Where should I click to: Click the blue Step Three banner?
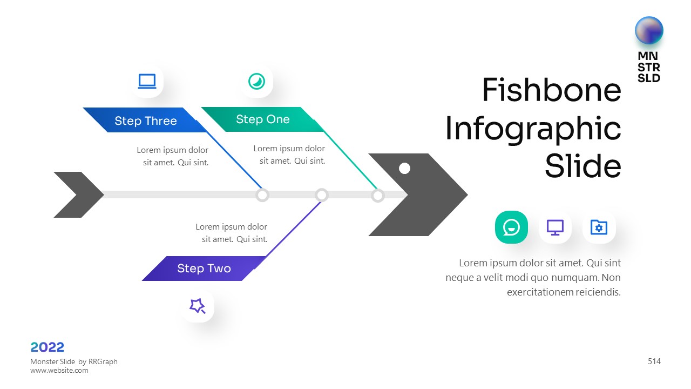click(145, 120)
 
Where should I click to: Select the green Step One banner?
click(262, 119)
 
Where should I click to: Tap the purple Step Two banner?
click(204, 269)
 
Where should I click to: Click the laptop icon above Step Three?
click(147, 82)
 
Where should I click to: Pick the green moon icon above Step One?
click(256, 82)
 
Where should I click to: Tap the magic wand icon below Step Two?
click(198, 306)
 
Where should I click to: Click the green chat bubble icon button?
click(511, 227)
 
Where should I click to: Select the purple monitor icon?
click(555, 227)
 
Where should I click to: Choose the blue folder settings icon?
click(599, 227)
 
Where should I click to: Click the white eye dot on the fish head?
click(404, 169)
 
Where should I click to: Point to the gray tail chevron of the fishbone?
click(76, 194)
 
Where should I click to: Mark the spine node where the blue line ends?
click(262, 195)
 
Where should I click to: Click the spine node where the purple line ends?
click(322, 194)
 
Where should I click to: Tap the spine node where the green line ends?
click(378, 195)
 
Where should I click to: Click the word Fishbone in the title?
click(551, 90)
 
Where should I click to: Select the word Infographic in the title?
click(533, 129)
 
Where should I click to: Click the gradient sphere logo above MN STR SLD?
click(649, 30)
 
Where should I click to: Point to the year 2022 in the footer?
click(48, 347)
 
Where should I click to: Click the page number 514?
click(654, 361)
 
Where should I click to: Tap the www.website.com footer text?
click(59, 371)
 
